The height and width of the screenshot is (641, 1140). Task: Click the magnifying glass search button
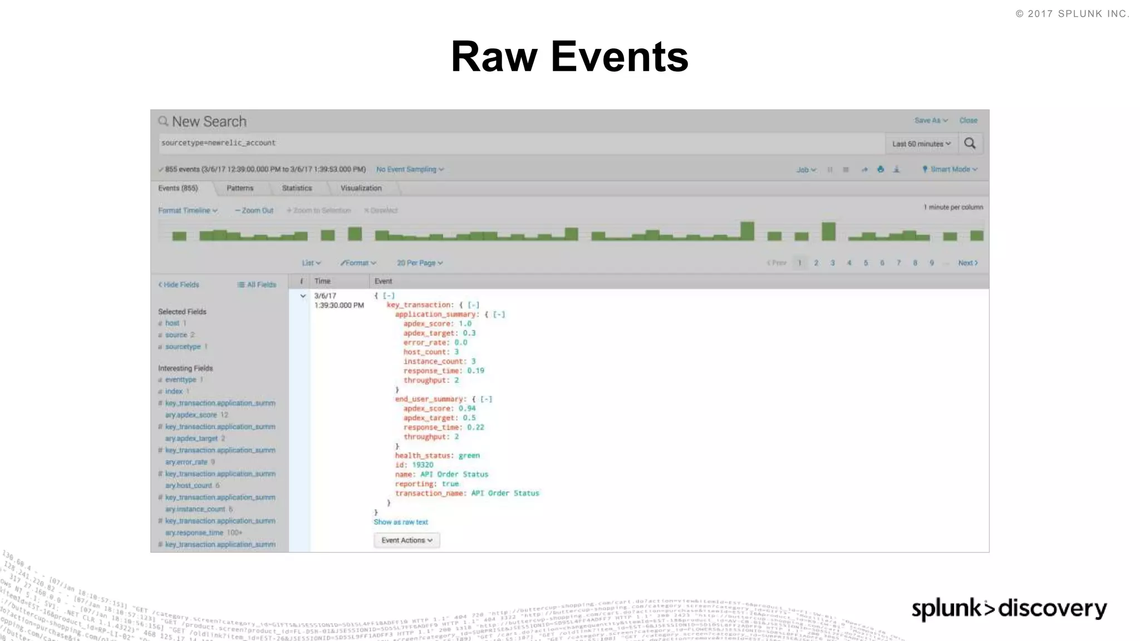coord(970,144)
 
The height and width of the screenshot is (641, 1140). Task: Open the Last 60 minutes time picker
coord(921,144)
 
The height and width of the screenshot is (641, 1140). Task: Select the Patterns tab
coord(240,188)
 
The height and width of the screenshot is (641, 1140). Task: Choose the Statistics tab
coord(297,188)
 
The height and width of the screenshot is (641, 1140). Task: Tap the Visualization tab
coord(361,188)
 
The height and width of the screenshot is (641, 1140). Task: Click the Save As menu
coord(931,120)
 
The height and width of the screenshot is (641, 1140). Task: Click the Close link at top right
coord(968,120)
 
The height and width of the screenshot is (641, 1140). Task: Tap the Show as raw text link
coord(401,522)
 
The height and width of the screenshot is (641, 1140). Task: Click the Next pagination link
coord(967,263)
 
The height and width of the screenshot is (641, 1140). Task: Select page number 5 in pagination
coord(866,263)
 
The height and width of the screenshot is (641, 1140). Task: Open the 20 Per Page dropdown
coord(420,263)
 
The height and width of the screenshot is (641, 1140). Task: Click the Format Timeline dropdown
coord(188,210)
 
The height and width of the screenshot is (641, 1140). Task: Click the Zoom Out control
coord(254,210)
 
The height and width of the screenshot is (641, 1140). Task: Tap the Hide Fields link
coord(179,284)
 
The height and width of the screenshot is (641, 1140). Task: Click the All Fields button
coord(257,284)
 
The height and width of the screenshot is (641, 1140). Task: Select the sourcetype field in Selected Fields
coord(183,347)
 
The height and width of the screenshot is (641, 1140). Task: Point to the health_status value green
coord(469,455)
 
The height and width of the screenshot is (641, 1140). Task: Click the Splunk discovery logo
coord(1009,609)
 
